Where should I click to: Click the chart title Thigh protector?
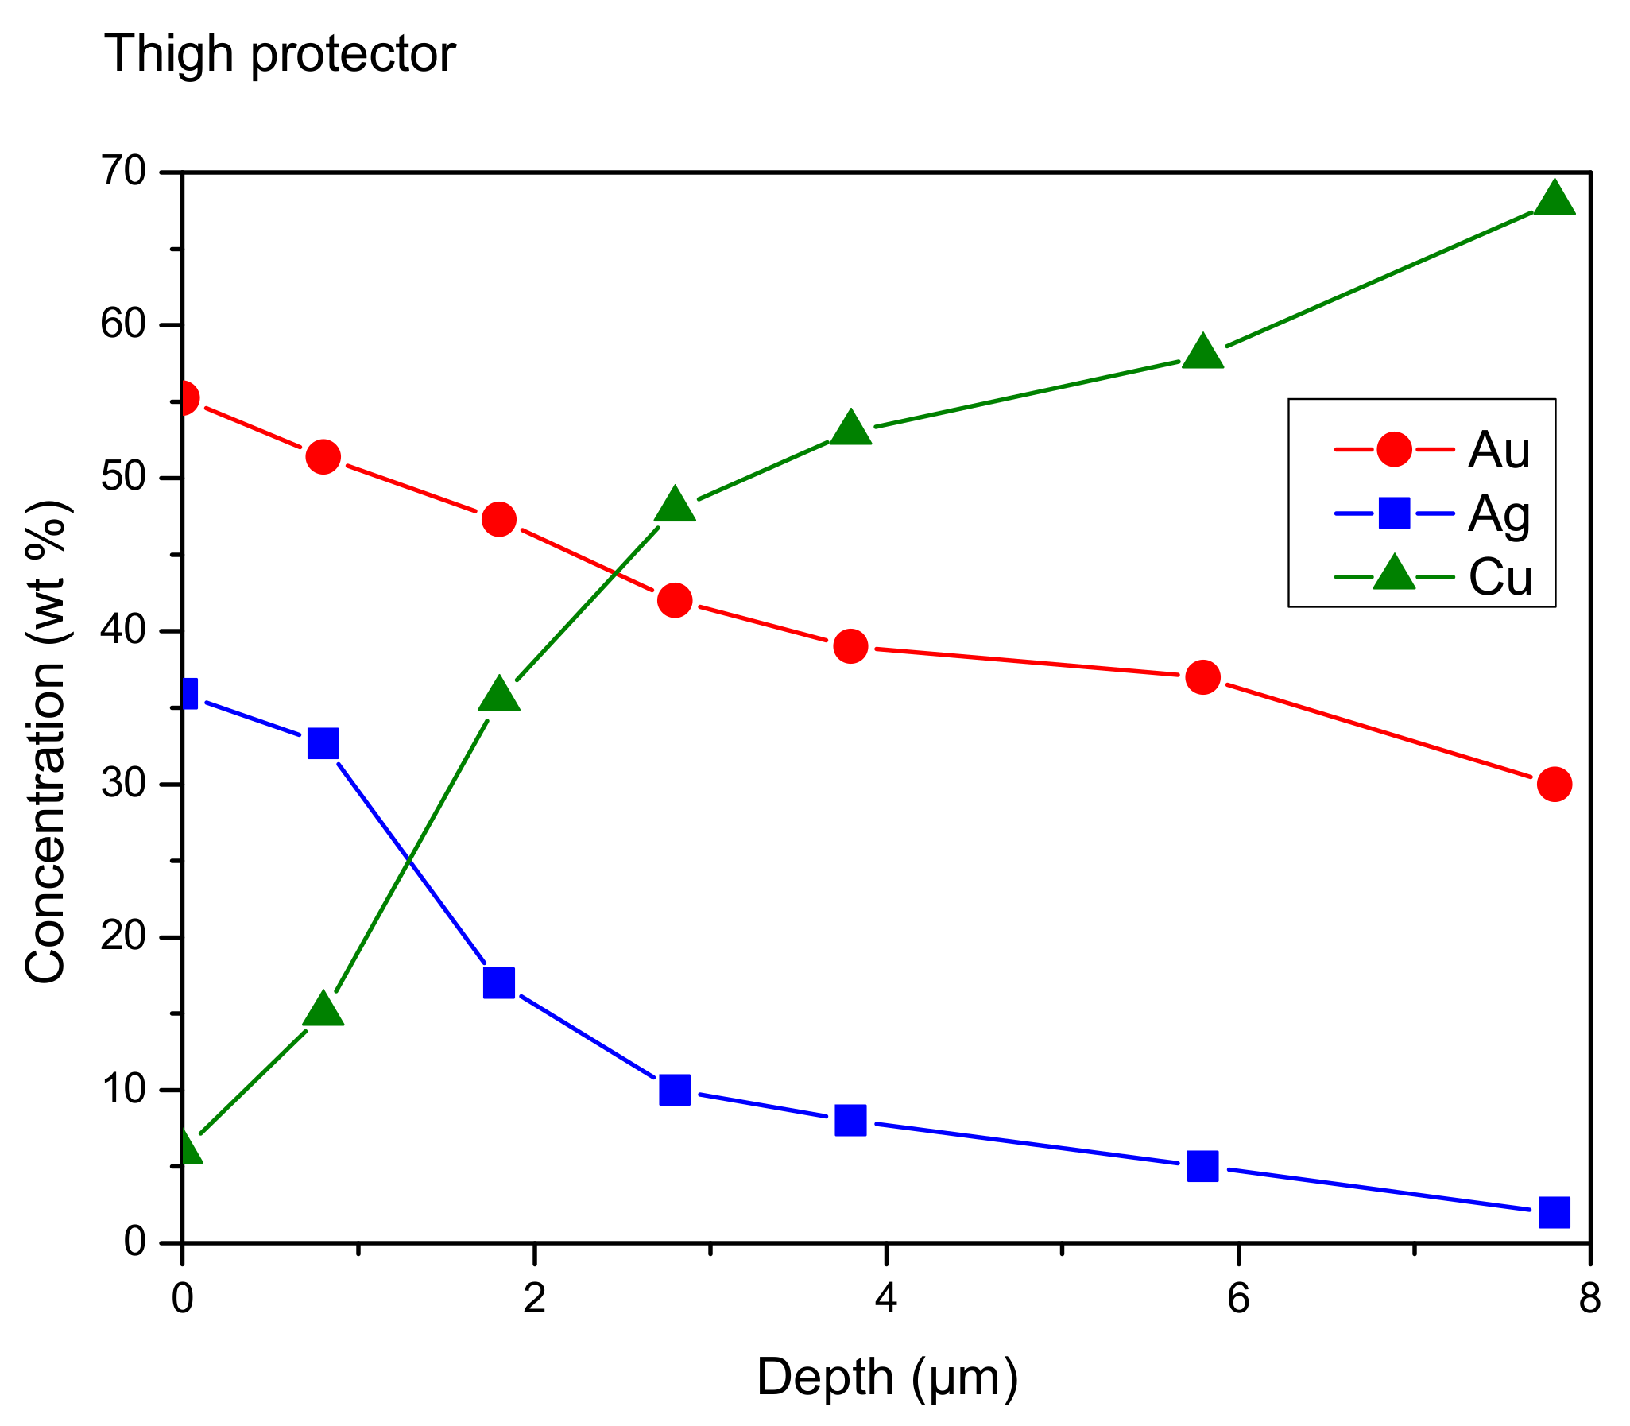(279, 54)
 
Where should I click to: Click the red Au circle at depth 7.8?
(1554, 784)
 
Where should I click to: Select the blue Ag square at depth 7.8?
(1554, 1212)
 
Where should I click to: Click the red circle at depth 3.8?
(850, 646)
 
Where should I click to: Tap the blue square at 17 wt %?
(499, 982)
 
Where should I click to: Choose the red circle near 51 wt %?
(323, 457)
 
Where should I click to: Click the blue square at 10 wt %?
(675, 1090)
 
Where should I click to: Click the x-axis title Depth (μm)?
(886, 1377)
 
